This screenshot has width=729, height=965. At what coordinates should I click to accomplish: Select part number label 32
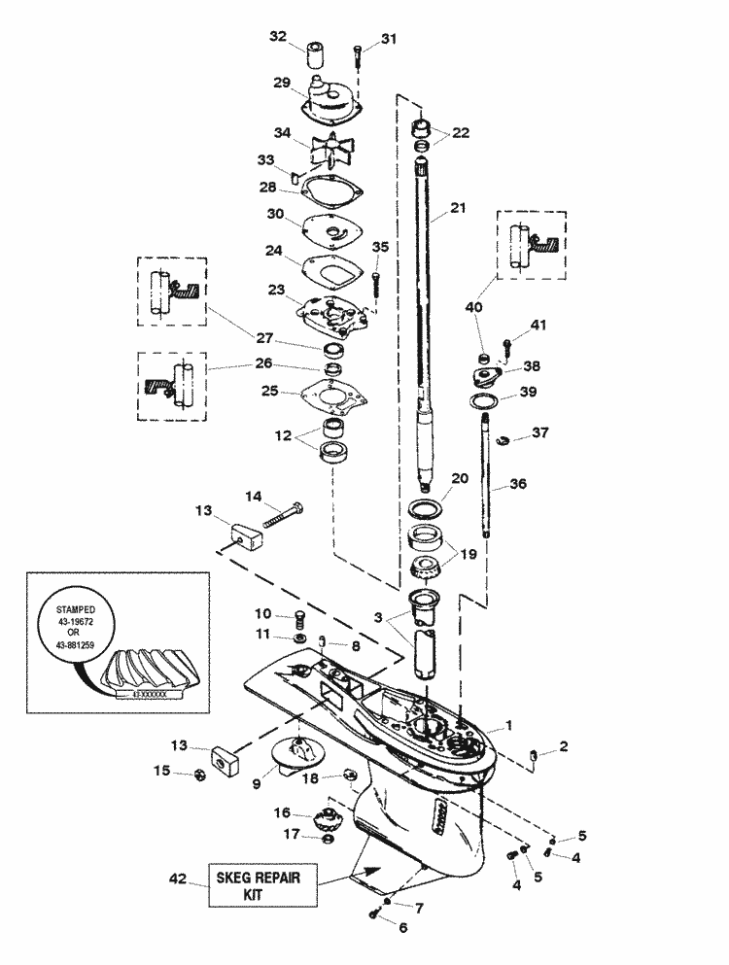[278, 37]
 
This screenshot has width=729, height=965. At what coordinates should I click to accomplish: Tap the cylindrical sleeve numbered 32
[316, 51]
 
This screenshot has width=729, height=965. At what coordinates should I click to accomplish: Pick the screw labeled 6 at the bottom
[374, 913]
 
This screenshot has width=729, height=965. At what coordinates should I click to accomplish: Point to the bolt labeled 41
[507, 344]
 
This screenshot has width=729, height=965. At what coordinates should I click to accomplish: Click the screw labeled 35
[376, 280]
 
